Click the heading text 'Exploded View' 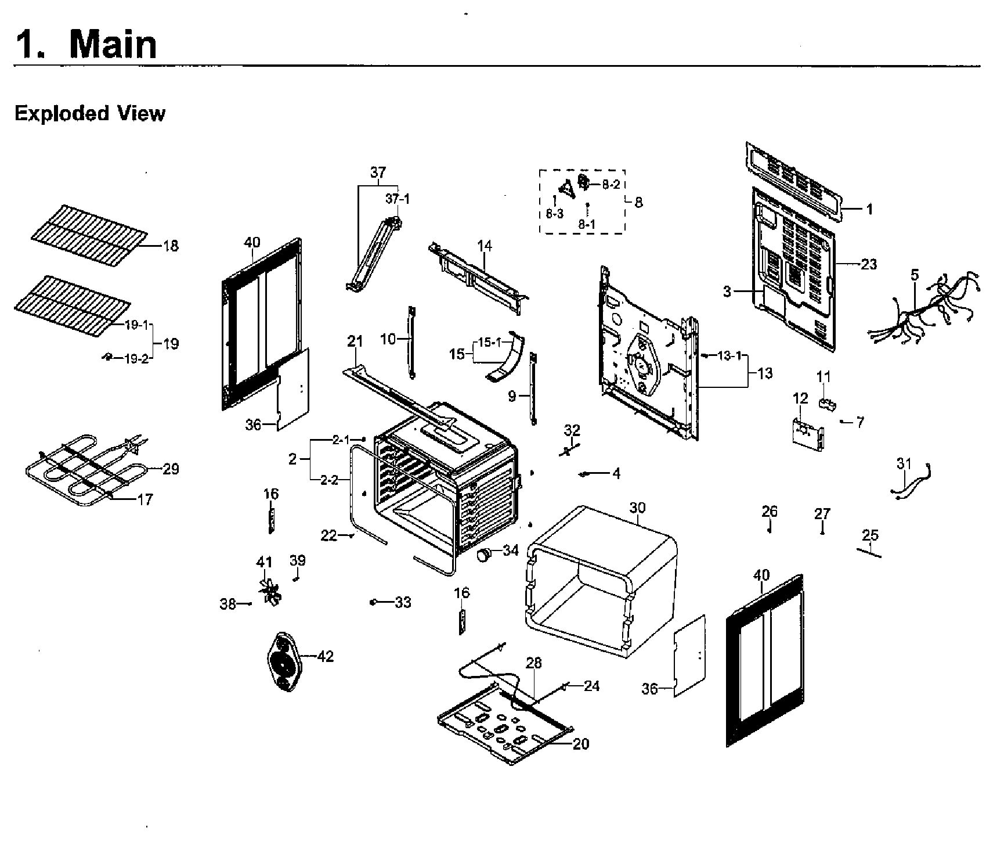[x=89, y=113]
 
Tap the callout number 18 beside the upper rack [x=170, y=246]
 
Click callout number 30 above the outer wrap [x=637, y=508]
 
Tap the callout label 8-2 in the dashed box [x=611, y=185]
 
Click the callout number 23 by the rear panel [x=868, y=264]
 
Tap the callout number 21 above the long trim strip [x=355, y=341]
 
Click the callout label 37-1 [x=398, y=199]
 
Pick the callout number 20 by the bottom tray [x=580, y=743]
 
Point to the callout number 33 [x=403, y=602]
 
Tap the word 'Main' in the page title [x=113, y=44]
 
